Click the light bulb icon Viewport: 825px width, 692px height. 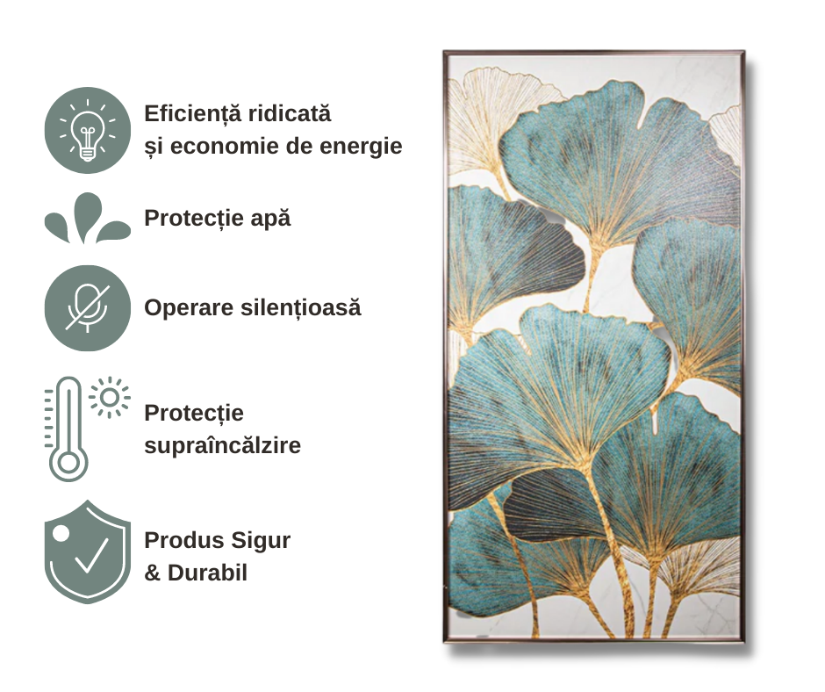pyautogui.click(x=88, y=130)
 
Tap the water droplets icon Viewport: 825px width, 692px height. pyautogui.click(x=88, y=218)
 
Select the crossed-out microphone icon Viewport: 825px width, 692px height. pyautogui.click(x=88, y=308)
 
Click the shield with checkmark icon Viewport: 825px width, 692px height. pyautogui.click(x=88, y=551)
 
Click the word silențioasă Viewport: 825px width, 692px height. pyautogui.click(x=301, y=308)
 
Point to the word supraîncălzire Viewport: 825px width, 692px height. pyautogui.click(x=223, y=446)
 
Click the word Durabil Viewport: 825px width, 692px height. pyautogui.click(x=207, y=573)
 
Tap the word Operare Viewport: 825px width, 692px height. pyautogui.click(x=190, y=309)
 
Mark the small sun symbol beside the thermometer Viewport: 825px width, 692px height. pyautogui.click(x=110, y=398)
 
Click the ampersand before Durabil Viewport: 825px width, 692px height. pyautogui.click(x=153, y=573)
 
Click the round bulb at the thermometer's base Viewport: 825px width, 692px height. pyautogui.click(x=68, y=464)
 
